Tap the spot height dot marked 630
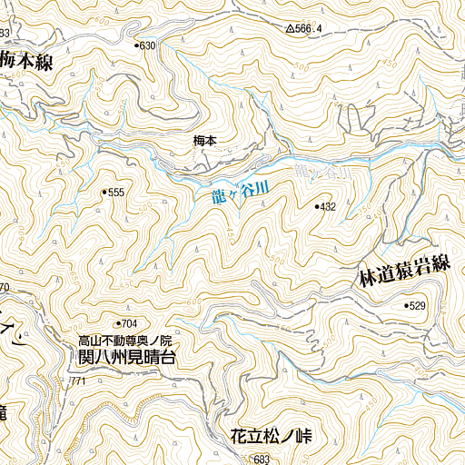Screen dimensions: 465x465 click(137, 45)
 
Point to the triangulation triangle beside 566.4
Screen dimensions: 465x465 click(290, 29)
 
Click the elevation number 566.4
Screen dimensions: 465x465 click(310, 29)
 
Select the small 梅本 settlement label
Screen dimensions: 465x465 click(205, 141)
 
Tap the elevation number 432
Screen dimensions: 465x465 click(328, 207)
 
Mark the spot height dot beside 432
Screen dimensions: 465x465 click(317, 207)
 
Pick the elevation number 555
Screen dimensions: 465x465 click(115, 193)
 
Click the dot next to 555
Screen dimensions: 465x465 click(106, 192)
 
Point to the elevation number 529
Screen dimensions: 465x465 click(417, 306)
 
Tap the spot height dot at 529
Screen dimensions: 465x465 click(406, 306)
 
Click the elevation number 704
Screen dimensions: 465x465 click(128, 324)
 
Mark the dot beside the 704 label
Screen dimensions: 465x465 click(118, 323)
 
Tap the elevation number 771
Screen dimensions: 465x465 click(77, 381)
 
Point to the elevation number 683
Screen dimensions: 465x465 click(262, 460)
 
